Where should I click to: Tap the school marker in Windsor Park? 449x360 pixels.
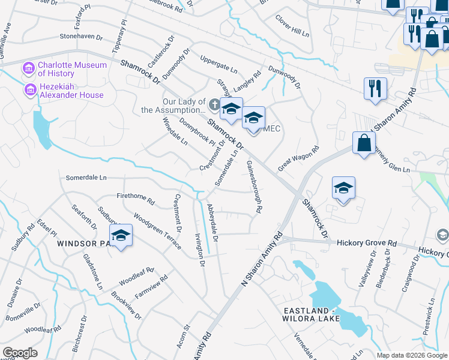(121, 235)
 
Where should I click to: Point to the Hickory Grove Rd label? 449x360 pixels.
(367, 244)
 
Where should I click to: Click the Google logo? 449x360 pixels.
(19, 353)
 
